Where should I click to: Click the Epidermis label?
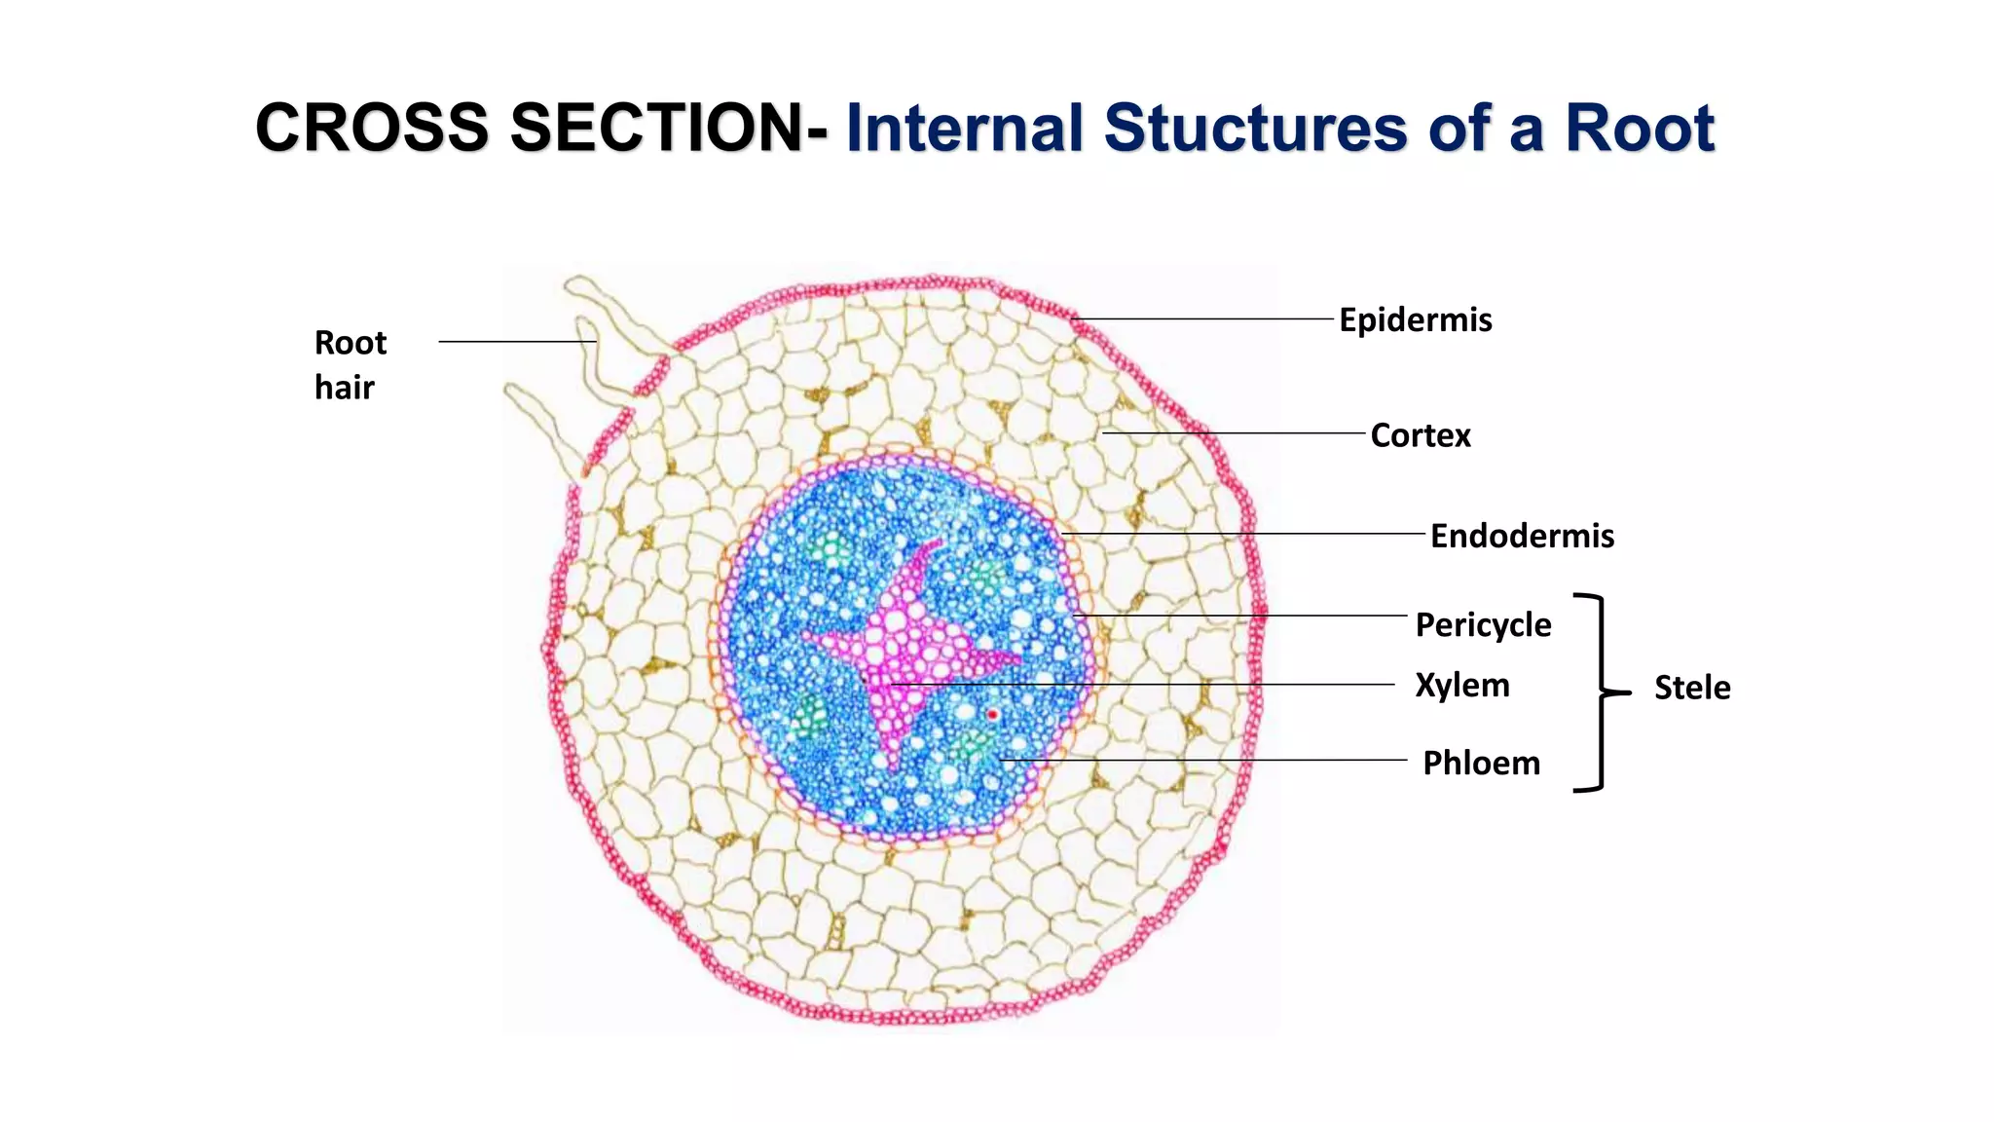pos(1415,319)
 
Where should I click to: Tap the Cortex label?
pos(1420,435)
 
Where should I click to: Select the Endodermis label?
pos(1522,536)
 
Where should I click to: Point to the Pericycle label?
pos(1483,624)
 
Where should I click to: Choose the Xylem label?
pos(1461,685)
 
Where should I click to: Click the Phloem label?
pos(1481,763)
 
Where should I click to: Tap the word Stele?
pos(1692,688)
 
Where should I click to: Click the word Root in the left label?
pos(351,343)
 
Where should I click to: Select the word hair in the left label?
pos(344,388)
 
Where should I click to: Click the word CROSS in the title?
pos(371,128)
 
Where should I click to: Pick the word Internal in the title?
pos(964,128)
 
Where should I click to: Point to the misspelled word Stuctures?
pos(1256,128)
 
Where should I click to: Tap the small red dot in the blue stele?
pos(992,715)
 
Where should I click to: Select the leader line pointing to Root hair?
pos(516,342)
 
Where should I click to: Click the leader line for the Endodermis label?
pos(1246,534)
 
